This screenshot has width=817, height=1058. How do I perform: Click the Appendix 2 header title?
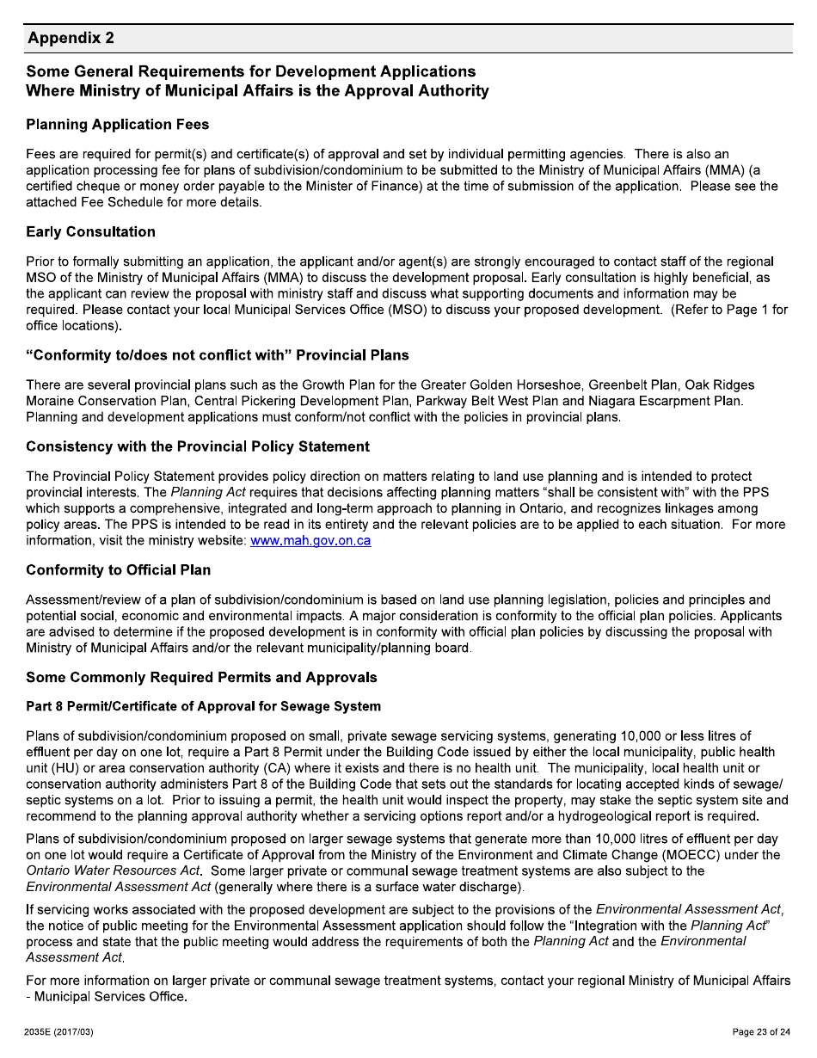tap(71, 39)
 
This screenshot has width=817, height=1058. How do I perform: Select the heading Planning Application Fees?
tap(118, 125)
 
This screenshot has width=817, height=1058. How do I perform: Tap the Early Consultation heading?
tap(90, 232)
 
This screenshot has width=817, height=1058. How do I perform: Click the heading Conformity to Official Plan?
tap(118, 570)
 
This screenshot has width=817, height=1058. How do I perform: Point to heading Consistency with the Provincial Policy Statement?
tap(198, 446)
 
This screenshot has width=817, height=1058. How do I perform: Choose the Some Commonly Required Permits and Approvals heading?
tap(201, 678)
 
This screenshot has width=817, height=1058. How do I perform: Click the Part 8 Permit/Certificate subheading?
tap(203, 707)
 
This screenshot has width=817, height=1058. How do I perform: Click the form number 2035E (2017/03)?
tap(59, 1032)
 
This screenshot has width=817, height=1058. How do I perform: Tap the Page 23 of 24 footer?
tap(760, 1032)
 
